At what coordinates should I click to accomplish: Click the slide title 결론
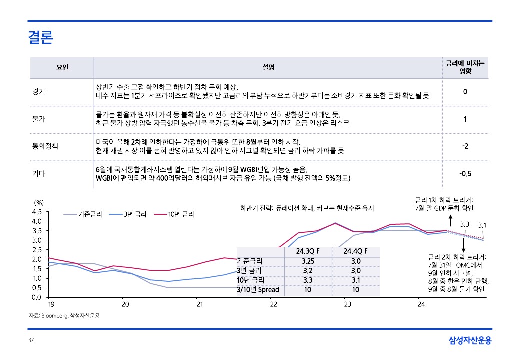tap(41, 38)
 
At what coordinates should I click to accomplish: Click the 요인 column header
tap(62, 67)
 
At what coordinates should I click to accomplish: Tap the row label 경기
tap(38, 92)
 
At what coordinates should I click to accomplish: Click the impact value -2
tap(465, 146)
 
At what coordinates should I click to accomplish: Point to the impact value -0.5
tap(465, 174)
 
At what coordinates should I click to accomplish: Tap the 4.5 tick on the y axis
tap(36, 212)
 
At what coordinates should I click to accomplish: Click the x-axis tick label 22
tap(273, 304)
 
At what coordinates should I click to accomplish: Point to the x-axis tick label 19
tap(51, 304)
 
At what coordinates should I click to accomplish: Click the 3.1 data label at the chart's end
tap(483, 225)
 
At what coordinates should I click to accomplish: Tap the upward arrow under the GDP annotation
tap(450, 218)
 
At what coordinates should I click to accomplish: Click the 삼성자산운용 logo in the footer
tap(470, 341)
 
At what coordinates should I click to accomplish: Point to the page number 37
tap(31, 341)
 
